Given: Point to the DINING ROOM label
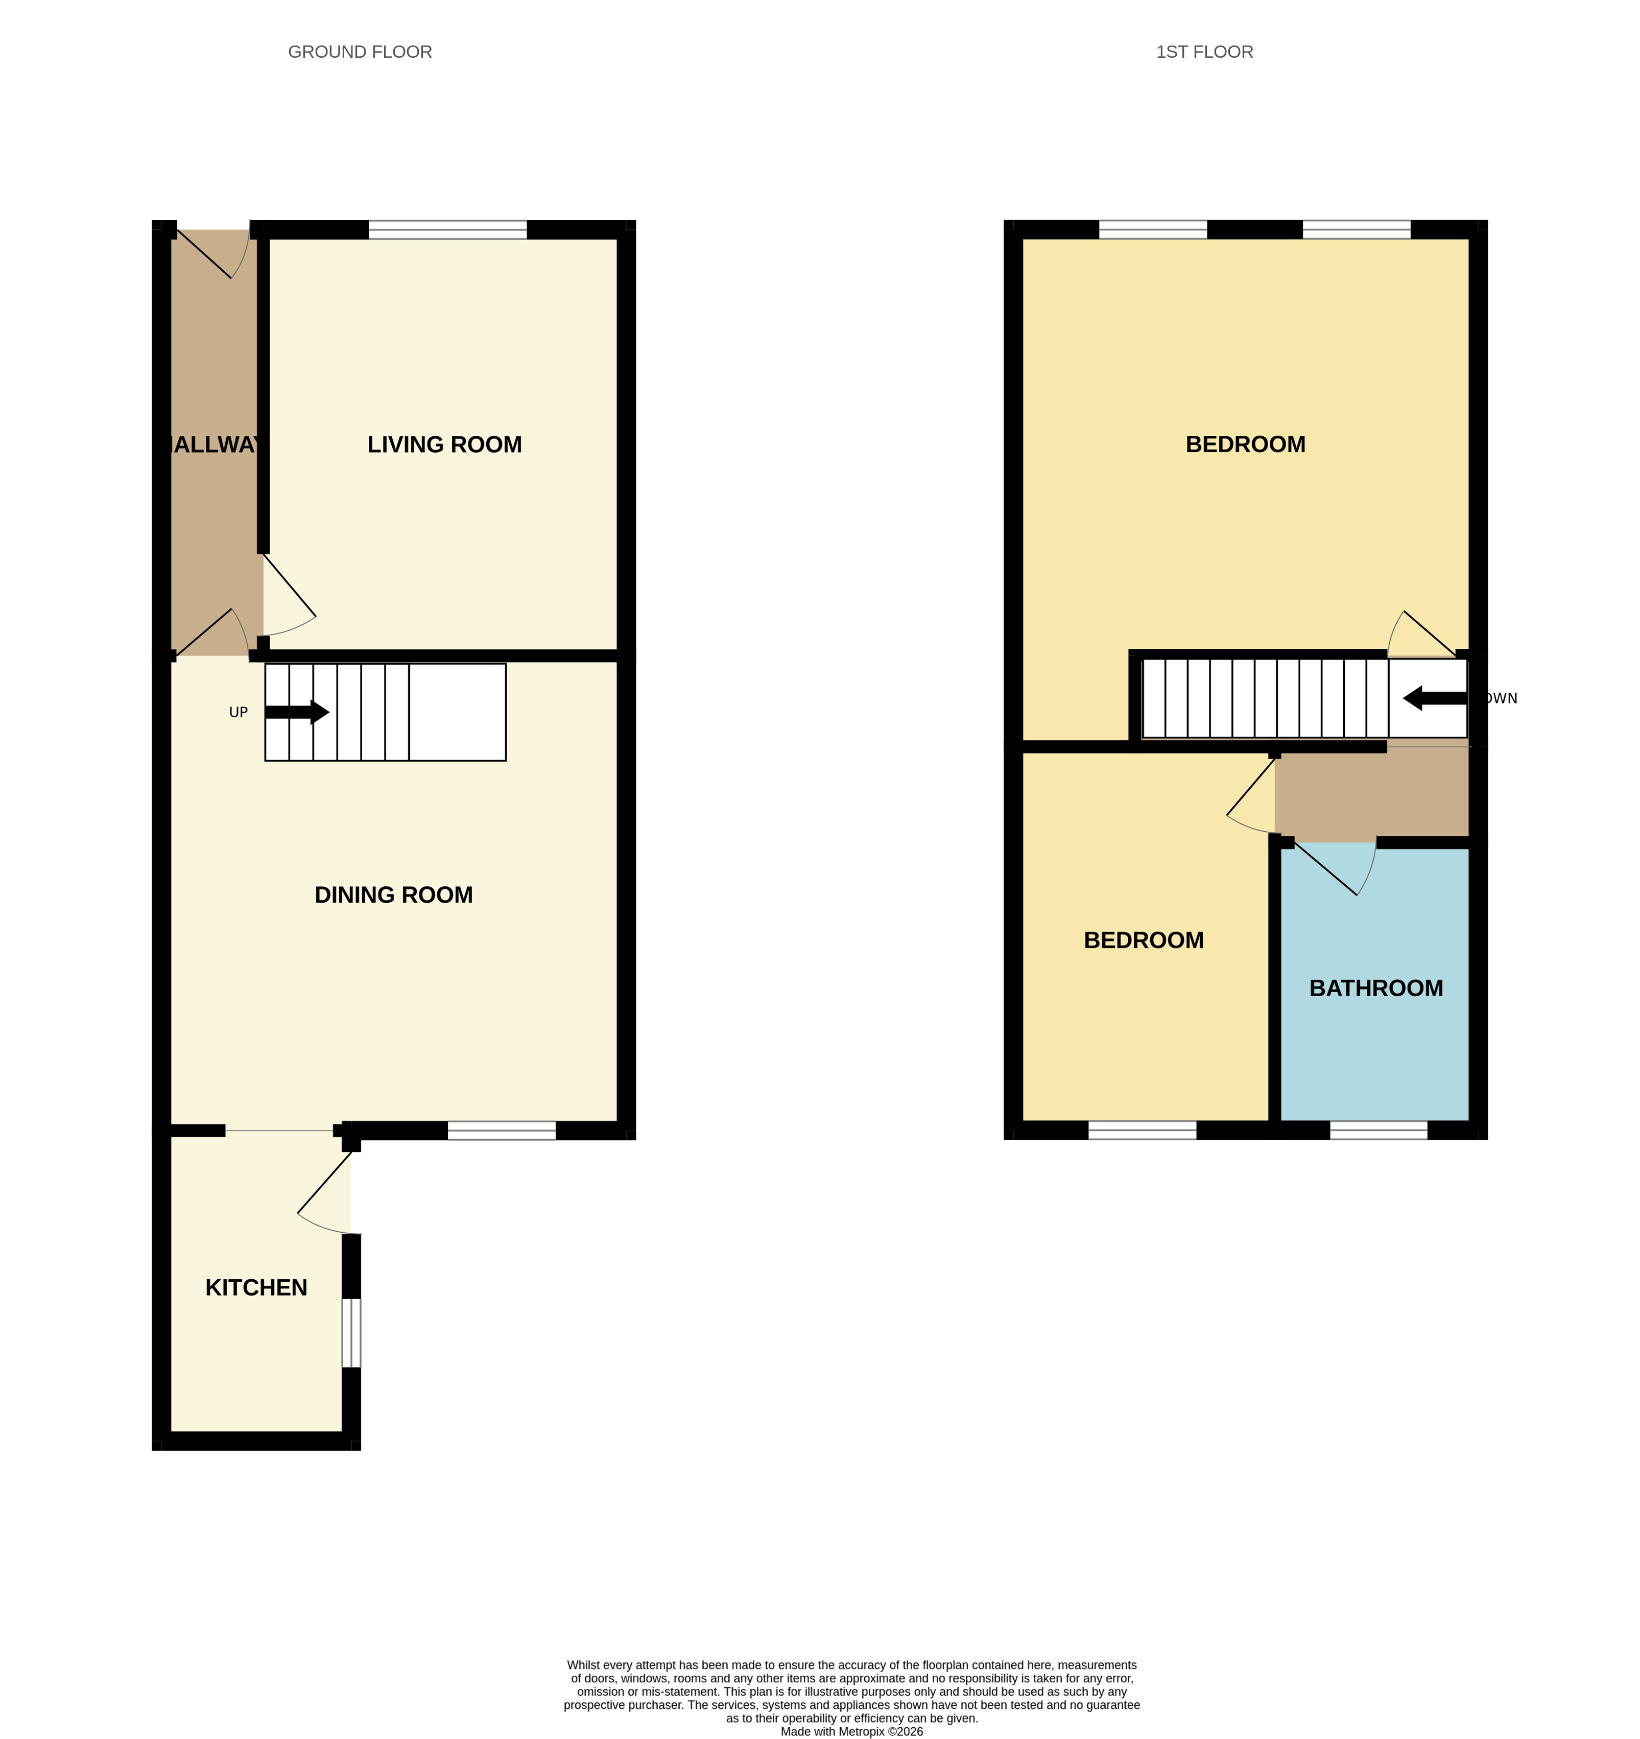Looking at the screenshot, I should (394, 895).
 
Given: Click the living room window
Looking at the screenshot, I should (448, 230).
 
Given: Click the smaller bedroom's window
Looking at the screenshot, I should (1143, 1131).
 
